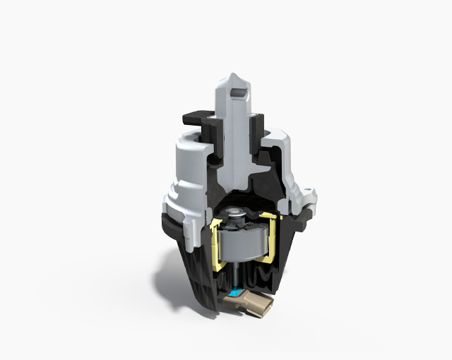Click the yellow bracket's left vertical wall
point(213,240)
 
